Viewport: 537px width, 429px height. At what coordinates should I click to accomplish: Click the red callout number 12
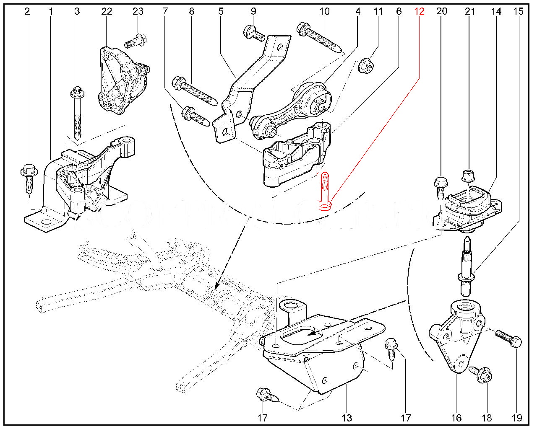[419, 11]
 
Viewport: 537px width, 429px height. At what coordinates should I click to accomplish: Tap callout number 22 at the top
[107, 11]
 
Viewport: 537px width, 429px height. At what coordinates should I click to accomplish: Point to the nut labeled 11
[367, 66]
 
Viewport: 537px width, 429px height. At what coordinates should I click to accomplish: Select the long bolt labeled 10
[320, 39]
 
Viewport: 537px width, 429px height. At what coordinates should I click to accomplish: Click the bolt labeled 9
[254, 33]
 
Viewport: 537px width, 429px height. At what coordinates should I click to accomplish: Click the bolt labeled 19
[508, 338]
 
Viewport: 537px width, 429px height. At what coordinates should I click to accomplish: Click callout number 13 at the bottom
[347, 418]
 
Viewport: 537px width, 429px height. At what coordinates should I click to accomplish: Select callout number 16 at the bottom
[456, 418]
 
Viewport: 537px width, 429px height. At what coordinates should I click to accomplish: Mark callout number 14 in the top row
[496, 11]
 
